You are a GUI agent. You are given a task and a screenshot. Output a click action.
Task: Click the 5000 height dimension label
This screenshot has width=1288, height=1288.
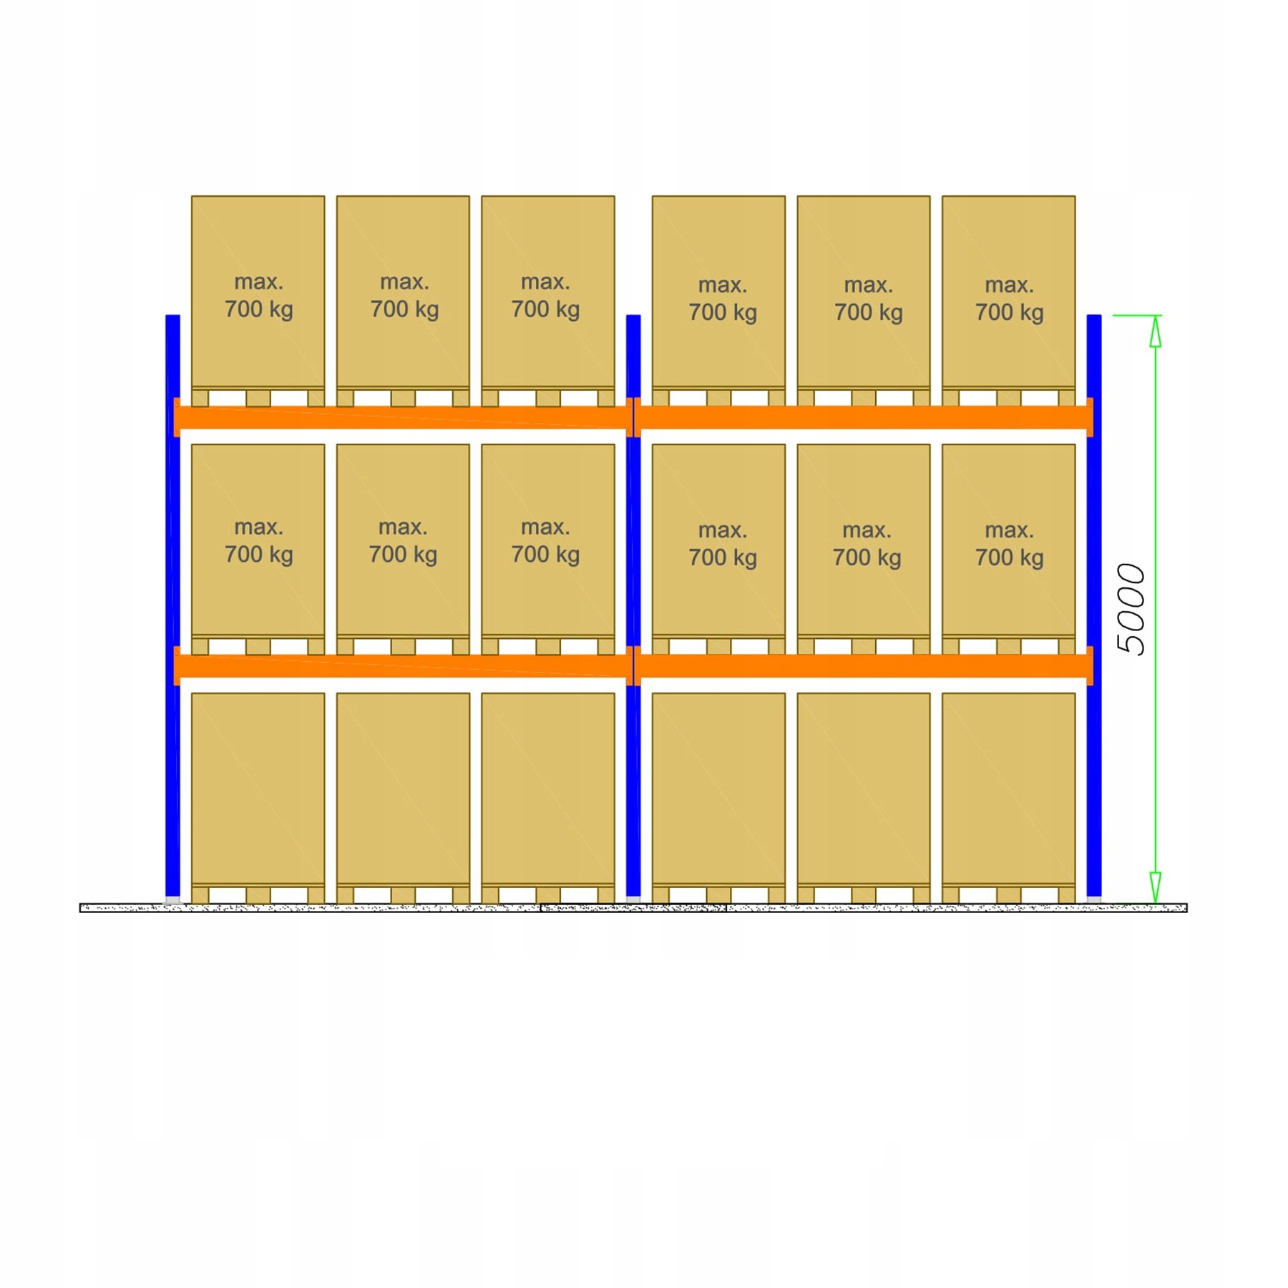[1131, 609]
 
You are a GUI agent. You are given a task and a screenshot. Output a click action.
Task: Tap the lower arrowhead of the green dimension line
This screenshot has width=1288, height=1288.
[1155, 887]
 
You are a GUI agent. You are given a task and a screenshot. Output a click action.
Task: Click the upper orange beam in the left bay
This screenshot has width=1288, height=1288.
[403, 417]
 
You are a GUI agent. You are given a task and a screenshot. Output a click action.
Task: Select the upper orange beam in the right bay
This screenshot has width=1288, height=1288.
[864, 417]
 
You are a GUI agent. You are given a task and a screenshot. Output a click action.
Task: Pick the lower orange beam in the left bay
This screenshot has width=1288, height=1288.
[403, 665]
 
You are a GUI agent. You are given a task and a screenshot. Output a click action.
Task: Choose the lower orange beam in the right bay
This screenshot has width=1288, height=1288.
[864, 665]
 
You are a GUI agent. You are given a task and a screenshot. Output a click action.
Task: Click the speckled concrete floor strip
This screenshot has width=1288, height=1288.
[633, 908]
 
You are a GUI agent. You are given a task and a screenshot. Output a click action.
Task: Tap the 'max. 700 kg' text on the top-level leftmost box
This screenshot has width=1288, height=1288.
[258, 296]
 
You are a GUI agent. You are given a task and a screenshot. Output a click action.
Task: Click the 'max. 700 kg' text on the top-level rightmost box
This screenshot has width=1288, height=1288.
[1009, 298]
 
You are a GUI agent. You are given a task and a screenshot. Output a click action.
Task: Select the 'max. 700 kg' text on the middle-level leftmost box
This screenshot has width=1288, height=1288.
[258, 541]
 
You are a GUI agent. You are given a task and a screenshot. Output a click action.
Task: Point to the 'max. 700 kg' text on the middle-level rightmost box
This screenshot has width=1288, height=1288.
[1009, 544]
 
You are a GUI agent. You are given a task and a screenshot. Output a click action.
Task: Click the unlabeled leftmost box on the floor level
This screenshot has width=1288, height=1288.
[258, 787]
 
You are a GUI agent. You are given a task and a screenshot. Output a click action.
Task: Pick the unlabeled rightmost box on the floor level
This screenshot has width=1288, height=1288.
[1008, 787]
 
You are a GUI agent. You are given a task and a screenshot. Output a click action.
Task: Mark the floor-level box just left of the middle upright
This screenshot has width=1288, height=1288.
[547, 787]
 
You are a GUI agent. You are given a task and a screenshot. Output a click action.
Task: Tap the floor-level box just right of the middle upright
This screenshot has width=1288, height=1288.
[718, 787]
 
